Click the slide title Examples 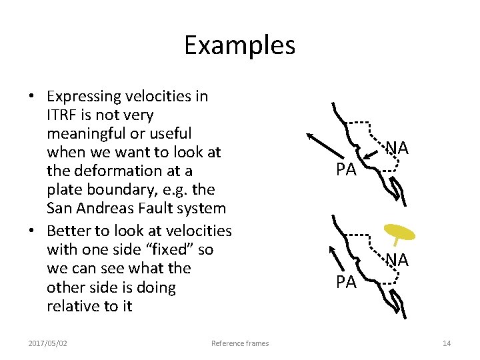pyautogui.click(x=239, y=45)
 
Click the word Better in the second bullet pyautogui.click(x=69, y=231)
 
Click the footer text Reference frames pyautogui.click(x=240, y=343)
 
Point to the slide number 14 pyautogui.click(x=447, y=343)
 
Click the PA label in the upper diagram pyautogui.click(x=346, y=170)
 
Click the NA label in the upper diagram pyautogui.click(x=397, y=147)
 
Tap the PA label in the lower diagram pyautogui.click(x=346, y=283)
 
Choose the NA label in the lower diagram pyautogui.click(x=397, y=260)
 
